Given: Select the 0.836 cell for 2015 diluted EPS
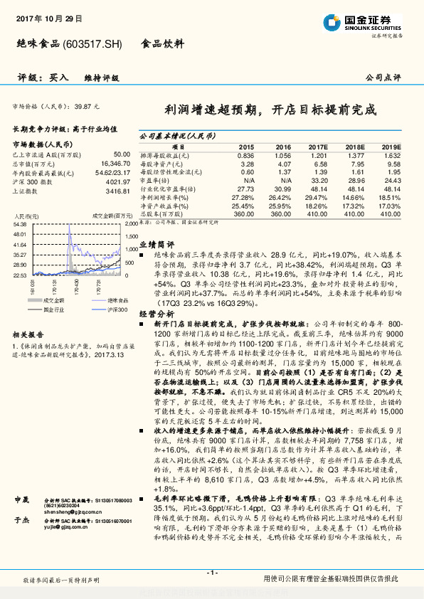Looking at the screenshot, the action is pos(245,154).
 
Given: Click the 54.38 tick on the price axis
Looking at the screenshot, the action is pos(20,223).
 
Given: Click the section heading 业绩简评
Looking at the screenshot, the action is pos(153,243).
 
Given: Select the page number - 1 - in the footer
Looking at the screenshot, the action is pos(211,573).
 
